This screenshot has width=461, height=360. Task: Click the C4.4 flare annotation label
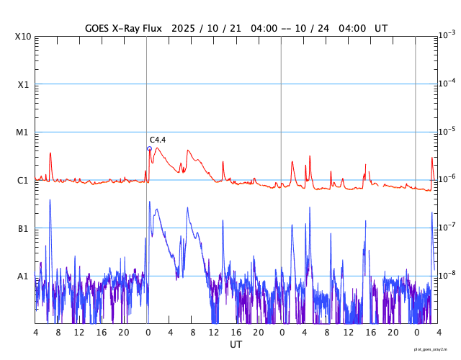pos(158,140)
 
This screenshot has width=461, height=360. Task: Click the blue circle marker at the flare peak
pos(149,149)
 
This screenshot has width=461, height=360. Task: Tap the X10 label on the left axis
pos(23,37)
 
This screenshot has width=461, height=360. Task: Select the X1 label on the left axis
pos(23,84)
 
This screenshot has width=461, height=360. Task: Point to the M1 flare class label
pos(23,132)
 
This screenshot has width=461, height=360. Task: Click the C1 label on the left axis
pos(23,181)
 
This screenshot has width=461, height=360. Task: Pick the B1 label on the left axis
pos(23,228)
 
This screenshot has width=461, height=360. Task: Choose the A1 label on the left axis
pos(23,276)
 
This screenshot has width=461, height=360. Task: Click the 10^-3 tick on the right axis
pos(447,35)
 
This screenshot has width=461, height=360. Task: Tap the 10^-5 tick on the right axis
pos(447,131)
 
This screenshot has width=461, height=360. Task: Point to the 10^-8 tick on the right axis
pos(447,275)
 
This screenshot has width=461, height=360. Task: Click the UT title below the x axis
pos(236,345)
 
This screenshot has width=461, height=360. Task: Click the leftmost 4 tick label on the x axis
pos(35,333)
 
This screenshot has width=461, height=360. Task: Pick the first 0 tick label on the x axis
pos(148,333)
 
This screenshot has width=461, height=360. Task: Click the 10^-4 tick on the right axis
pos(447,83)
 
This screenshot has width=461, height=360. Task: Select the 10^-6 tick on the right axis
pos(447,179)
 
